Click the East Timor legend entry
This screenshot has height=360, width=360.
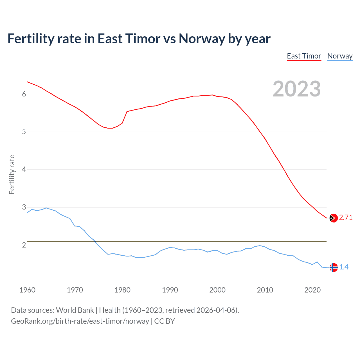[304, 56]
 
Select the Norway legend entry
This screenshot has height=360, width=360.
[340, 56]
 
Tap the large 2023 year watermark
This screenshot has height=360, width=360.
[297, 89]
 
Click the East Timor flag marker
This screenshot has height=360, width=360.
[333, 218]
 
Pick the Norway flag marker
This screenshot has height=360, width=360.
[333, 267]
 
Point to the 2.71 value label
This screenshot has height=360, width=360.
[346, 217]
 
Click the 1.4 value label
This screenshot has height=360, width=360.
[344, 267]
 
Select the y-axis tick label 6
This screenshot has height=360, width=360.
[24, 94]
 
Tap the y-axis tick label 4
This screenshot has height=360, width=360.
[24, 169]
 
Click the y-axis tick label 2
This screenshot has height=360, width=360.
[24, 245]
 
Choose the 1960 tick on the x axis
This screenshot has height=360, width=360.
[27, 290]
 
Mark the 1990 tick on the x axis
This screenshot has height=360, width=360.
[170, 290]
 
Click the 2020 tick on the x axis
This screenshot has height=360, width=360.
[312, 290]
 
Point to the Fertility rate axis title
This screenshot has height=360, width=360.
[12, 174]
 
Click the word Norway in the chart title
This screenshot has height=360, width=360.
[202, 39]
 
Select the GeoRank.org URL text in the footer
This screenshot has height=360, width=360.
[80, 321]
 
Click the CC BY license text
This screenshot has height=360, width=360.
[165, 321]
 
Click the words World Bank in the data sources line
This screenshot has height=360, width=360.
[75, 310]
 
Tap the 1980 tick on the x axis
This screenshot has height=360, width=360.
[122, 290]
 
